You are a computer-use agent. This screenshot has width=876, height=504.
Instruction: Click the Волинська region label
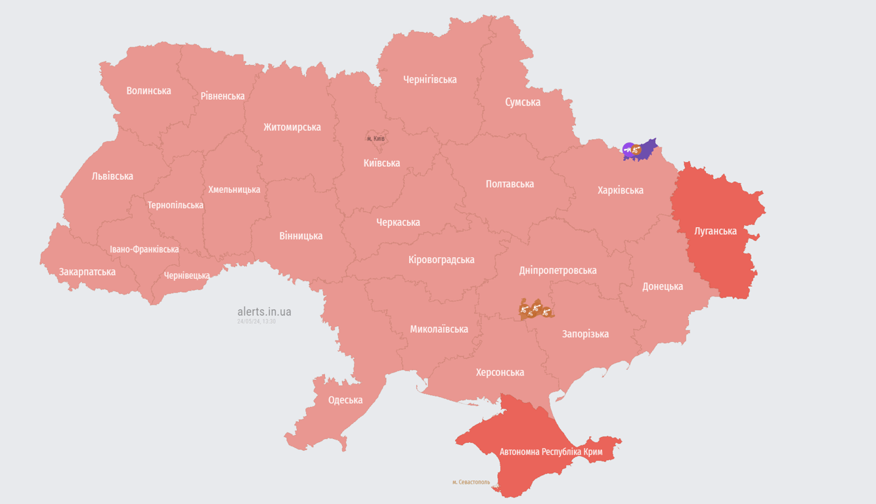[148, 91]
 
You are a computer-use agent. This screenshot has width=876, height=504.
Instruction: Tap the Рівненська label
[223, 96]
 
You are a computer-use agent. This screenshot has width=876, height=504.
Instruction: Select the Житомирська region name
[292, 127]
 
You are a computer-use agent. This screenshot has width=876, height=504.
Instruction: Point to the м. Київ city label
[376, 138]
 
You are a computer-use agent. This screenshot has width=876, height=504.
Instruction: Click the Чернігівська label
[429, 79]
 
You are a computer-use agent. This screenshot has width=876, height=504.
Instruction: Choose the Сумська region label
[523, 102]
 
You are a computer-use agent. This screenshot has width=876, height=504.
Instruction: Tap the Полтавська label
[510, 184]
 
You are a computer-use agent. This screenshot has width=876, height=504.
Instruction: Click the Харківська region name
[620, 190]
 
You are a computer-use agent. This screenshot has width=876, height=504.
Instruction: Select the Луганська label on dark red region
[715, 231]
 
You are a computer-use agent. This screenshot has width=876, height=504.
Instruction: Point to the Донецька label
[662, 286]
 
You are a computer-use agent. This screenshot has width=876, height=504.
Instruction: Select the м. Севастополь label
[471, 482]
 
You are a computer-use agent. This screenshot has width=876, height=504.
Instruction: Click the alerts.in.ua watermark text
[264, 311]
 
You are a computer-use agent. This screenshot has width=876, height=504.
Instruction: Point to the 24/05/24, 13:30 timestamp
[256, 322]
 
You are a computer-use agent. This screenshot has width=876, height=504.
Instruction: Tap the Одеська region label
[345, 400]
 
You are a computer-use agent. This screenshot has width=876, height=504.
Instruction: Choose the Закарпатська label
[87, 272]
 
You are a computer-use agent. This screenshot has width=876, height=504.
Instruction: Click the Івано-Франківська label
[144, 249]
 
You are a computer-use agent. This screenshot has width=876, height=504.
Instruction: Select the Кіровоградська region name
[441, 259]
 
